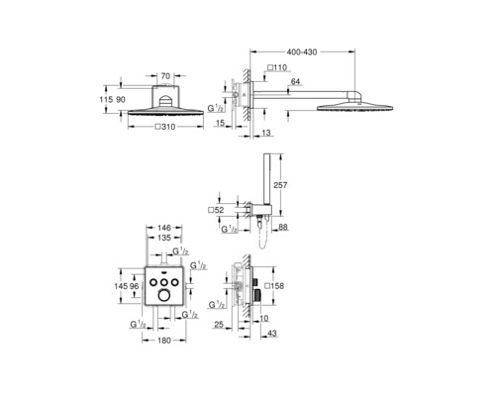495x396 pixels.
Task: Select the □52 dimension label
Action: coord(216,210)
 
